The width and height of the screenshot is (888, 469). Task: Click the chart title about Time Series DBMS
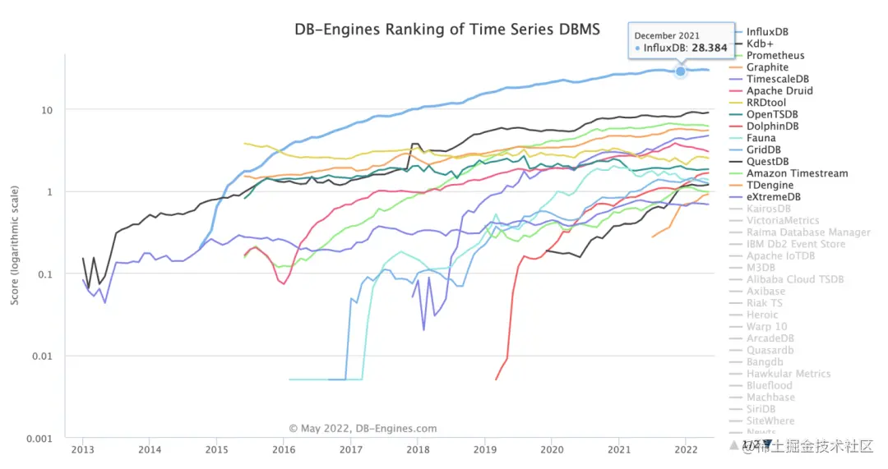(x=447, y=30)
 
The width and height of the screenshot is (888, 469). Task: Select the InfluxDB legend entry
(x=767, y=32)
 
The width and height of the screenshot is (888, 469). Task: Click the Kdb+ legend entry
(x=760, y=44)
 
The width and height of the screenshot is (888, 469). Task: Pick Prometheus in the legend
(x=775, y=56)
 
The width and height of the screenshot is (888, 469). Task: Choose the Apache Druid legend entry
(x=779, y=91)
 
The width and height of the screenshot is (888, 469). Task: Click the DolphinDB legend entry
(x=773, y=126)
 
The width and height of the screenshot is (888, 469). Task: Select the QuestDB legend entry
(x=769, y=162)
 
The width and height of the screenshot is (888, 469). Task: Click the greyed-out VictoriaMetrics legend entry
(x=783, y=221)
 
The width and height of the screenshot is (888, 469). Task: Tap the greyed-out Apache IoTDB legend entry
(x=780, y=256)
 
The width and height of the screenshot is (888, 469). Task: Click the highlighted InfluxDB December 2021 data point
(x=681, y=71)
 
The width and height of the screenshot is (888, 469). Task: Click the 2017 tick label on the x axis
(x=351, y=450)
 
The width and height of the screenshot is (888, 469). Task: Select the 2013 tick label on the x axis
(x=82, y=450)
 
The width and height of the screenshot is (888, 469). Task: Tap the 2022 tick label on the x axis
(x=686, y=450)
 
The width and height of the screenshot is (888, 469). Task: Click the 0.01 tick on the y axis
(x=44, y=356)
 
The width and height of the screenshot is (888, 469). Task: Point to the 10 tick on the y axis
(x=48, y=110)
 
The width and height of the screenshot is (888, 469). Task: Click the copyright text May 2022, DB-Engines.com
(x=363, y=429)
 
